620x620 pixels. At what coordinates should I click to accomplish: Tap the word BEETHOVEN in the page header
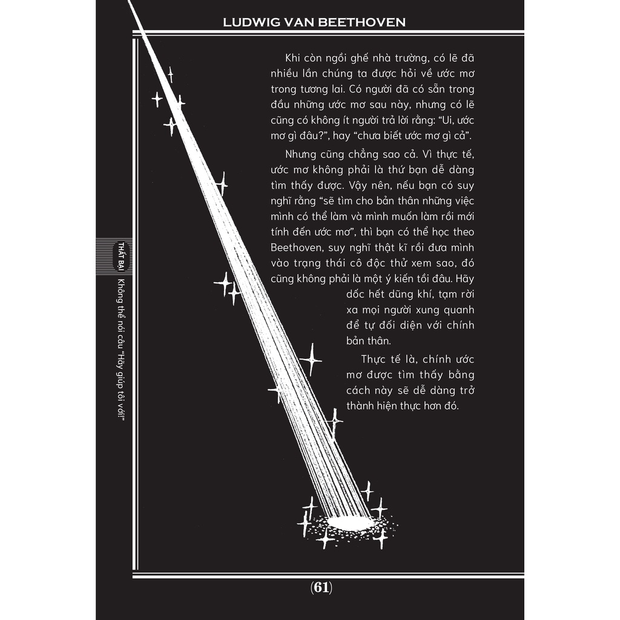pyautogui.click(x=362, y=22)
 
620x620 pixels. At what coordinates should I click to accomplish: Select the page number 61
pyautogui.click(x=322, y=587)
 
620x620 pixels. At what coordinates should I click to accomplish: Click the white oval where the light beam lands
pyautogui.click(x=351, y=522)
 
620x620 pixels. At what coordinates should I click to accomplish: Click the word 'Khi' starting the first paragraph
pyautogui.click(x=292, y=58)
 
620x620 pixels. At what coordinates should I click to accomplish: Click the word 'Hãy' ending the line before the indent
pyautogui.click(x=464, y=279)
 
